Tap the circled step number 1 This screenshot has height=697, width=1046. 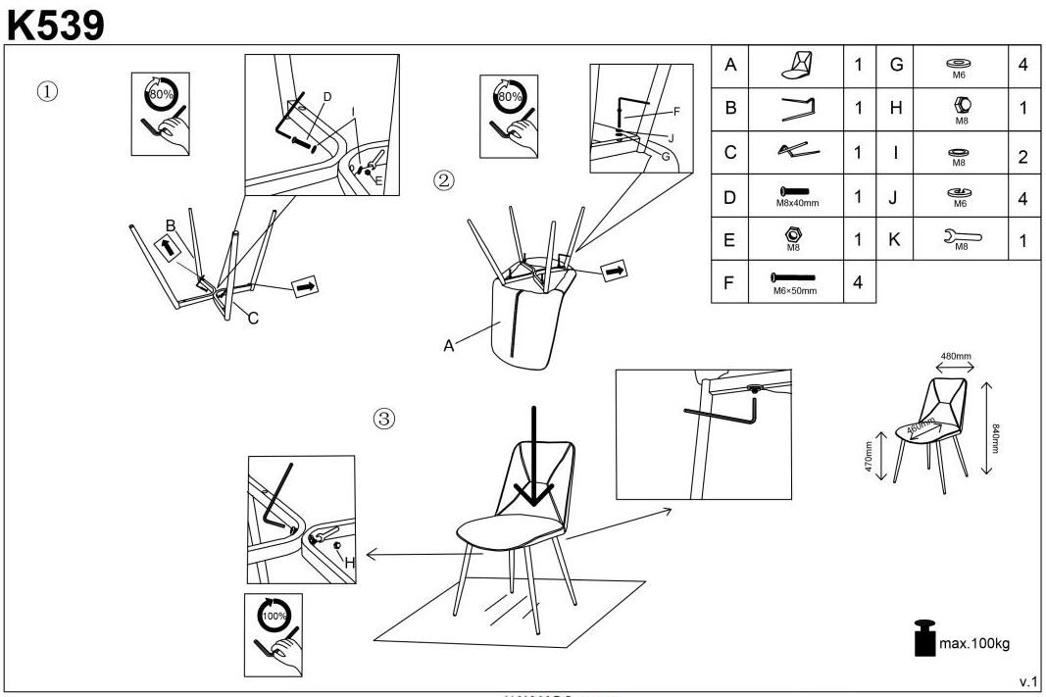47,91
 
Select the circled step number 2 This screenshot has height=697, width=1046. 445,179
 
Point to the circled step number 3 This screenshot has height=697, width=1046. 384,419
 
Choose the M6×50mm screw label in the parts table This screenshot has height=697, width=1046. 795,291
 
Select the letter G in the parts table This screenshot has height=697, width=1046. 895,65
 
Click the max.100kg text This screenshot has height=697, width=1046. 974,643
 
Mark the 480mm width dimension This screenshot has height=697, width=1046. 956,356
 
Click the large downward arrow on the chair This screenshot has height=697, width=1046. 532,456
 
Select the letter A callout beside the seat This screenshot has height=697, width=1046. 449,345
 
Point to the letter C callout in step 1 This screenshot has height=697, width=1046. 252,317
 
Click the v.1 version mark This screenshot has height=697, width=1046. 1028,680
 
